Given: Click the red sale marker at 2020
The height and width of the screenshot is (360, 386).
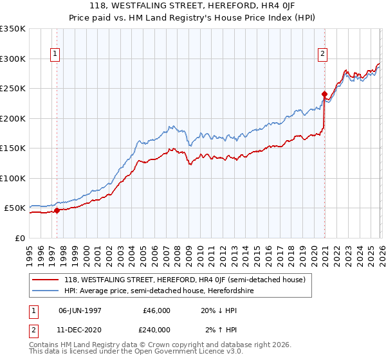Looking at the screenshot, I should [x=324, y=94].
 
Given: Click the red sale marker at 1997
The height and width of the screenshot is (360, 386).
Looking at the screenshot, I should [x=57, y=210].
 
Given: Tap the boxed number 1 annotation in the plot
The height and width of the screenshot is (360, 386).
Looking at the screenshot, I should [x=57, y=54].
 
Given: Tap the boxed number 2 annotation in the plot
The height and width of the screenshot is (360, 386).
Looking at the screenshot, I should [x=322, y=54].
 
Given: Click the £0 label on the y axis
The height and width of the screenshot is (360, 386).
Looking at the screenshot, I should [x=19, y=238].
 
